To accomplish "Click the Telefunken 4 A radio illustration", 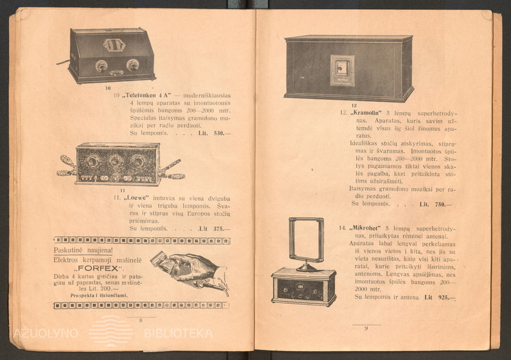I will coord(112,55).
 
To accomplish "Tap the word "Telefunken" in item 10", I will coord(143,95).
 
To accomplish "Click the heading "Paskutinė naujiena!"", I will coord(83,250).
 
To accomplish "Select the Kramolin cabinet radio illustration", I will coord(348,68).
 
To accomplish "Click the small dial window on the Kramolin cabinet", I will coord(342,70).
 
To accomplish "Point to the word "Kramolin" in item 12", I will coord(368,112).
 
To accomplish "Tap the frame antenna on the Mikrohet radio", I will coord(306,239).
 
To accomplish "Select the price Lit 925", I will coord(439,297).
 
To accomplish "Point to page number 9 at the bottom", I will coord(366,328).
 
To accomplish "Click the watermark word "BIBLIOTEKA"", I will coord(178,334).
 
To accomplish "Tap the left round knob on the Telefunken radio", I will coord(101,65).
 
